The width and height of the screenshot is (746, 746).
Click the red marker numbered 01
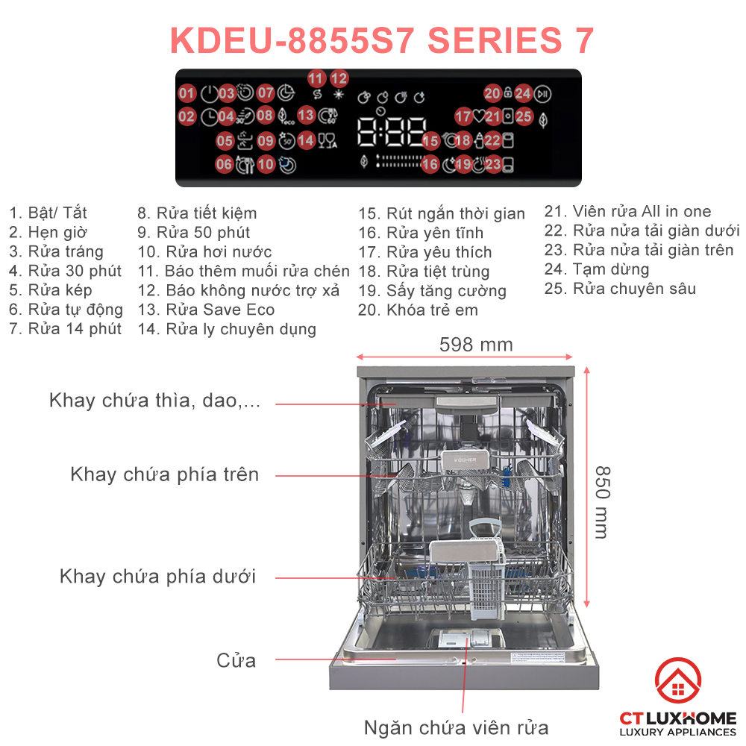pos(186,94)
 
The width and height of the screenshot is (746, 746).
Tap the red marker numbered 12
pos(339,78)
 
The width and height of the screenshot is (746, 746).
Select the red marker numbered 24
pos(523,93)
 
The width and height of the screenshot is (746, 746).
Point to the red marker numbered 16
pos(430,164)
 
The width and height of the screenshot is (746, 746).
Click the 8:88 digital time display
pos(392,133)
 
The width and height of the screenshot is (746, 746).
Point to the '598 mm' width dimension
pos(476,345)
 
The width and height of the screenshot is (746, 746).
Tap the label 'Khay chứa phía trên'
pos(164,474)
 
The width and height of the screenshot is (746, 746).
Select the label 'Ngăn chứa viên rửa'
pos(456,727)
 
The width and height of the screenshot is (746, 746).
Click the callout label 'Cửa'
pos(236,660)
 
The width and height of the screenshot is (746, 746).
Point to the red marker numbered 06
pos(225,164)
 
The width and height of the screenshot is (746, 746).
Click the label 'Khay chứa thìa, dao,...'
pos(155,401)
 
